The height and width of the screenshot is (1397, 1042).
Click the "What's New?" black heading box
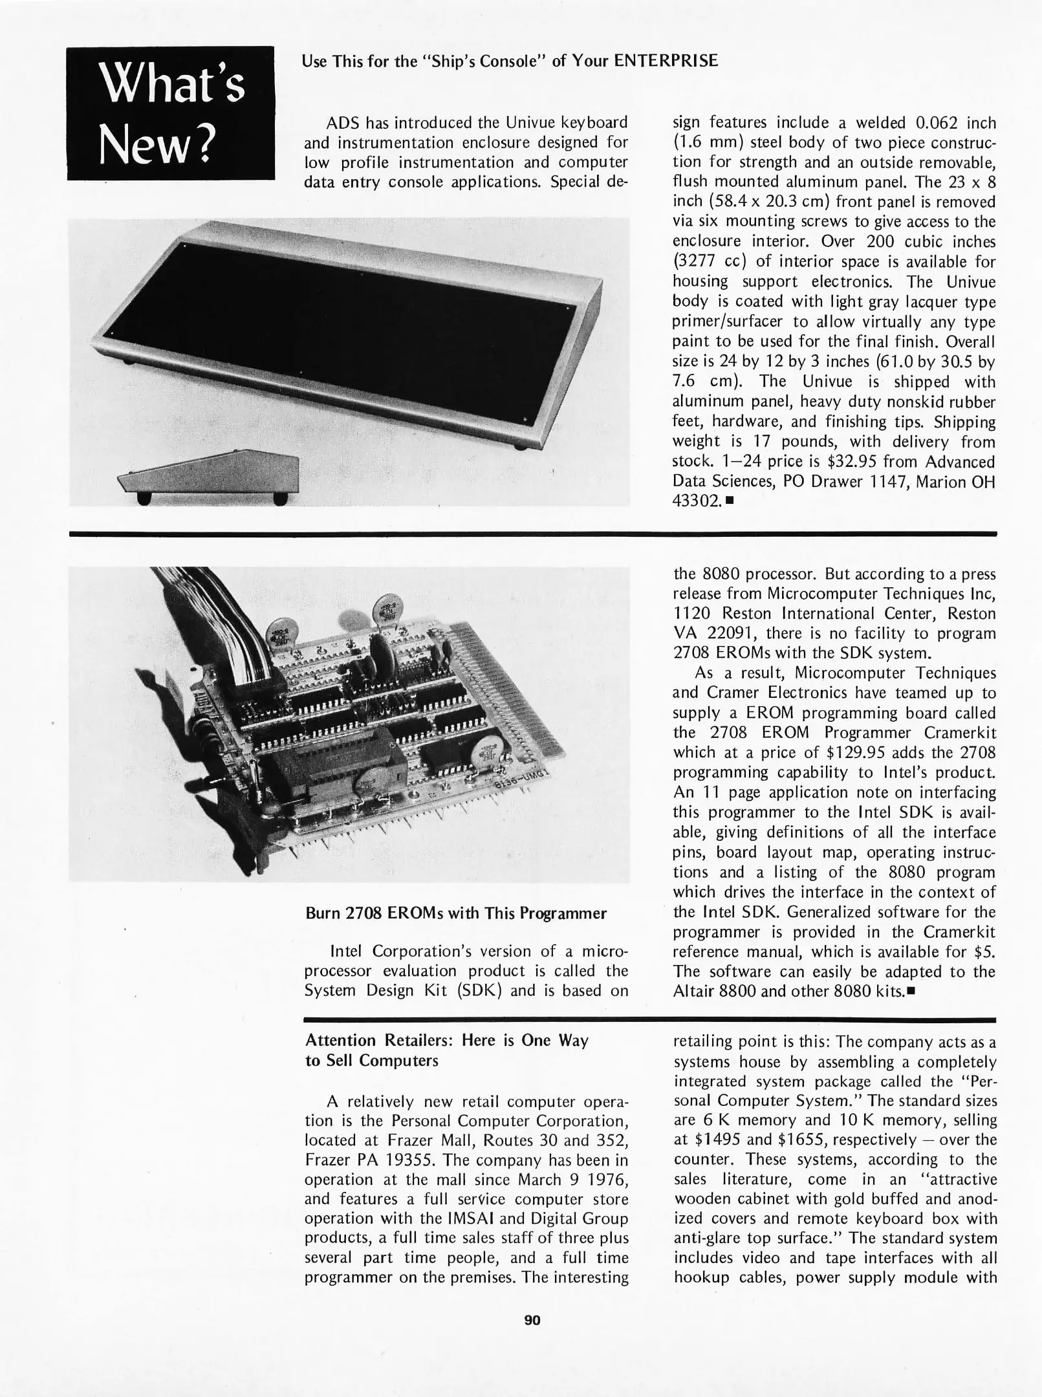171,113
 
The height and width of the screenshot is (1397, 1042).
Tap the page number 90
532,1320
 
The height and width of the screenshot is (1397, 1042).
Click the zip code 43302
697,501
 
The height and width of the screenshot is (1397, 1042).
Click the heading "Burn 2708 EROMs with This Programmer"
455,913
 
